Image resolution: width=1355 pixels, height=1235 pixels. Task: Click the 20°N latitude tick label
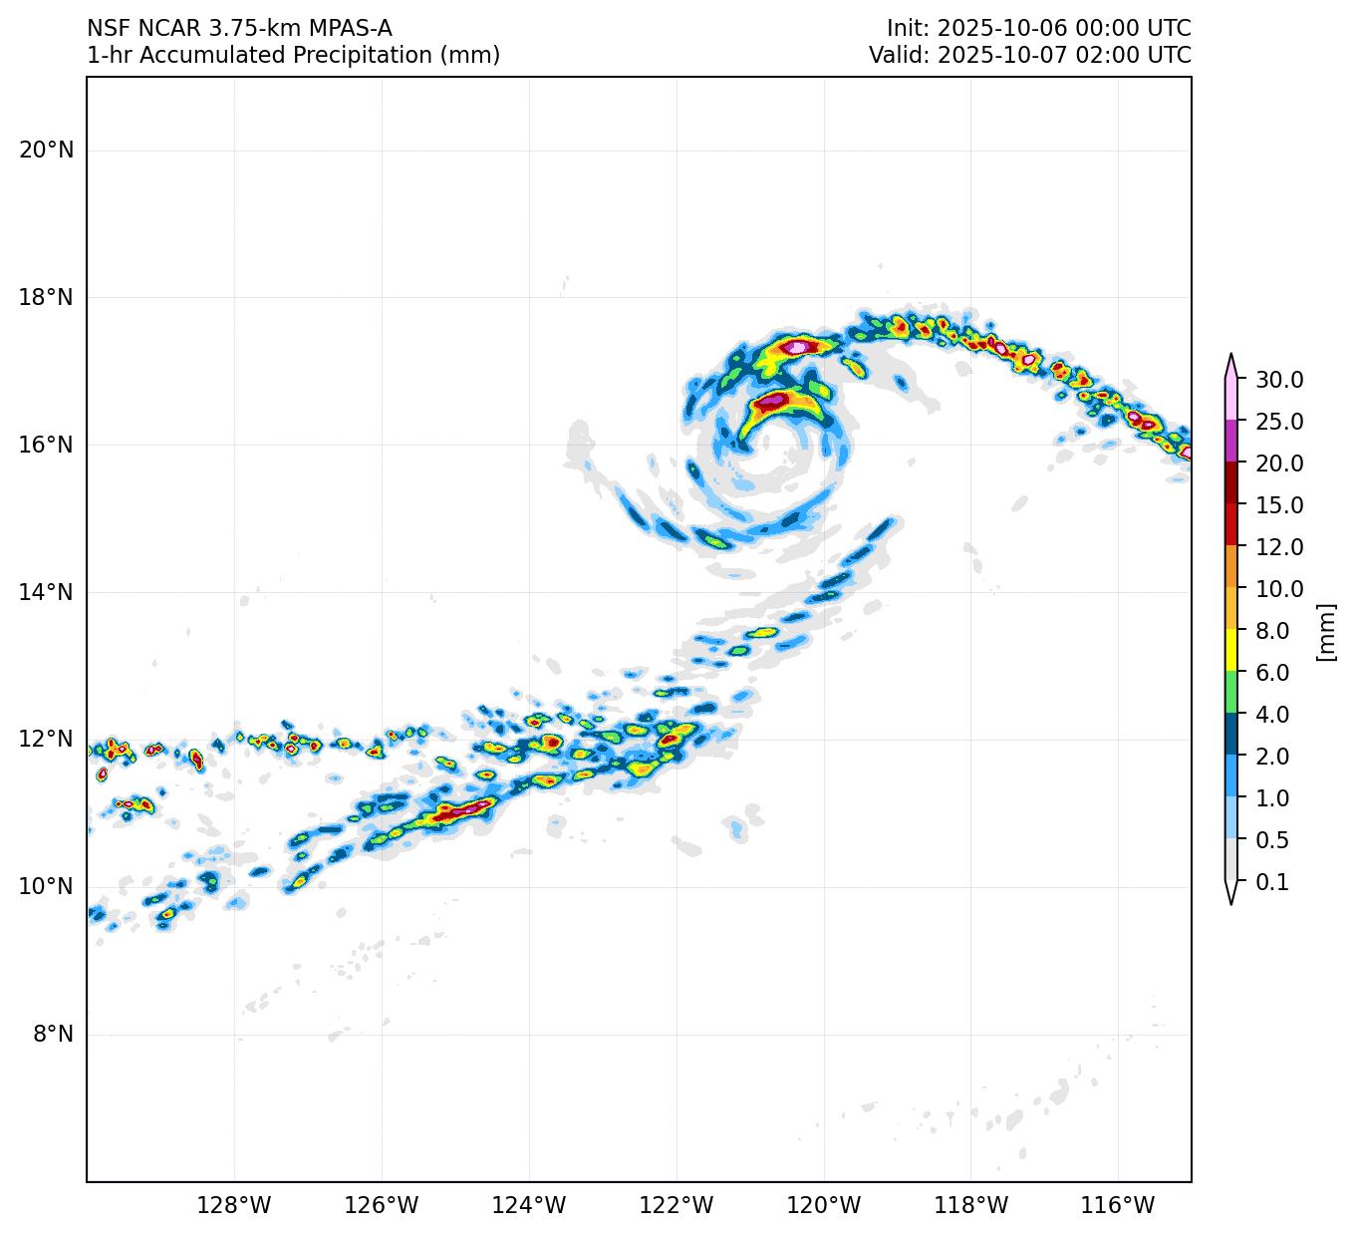(46, 151)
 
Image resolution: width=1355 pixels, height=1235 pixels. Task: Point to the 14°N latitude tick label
(46, 592)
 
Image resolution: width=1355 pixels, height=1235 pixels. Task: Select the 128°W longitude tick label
(234, 1206)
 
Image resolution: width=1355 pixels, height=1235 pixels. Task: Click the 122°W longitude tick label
(677, 1206)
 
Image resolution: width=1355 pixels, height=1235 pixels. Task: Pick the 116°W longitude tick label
(1118, 1206)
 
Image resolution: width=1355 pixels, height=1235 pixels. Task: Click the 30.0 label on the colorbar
(1279, 380)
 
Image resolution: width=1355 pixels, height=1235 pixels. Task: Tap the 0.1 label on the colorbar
(1272, 882)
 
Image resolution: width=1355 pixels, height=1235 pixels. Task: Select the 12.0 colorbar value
(1279, 547)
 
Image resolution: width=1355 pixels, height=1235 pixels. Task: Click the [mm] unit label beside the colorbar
(1325, 631)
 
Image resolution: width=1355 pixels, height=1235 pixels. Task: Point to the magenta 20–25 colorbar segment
(1231, 442)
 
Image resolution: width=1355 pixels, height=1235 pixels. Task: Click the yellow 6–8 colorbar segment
(1231, 651)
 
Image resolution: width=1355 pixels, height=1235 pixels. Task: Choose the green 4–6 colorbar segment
(1231, 693)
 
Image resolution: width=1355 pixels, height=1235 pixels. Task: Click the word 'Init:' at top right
(908, 29)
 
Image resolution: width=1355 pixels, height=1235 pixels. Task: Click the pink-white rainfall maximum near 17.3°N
(797, 347)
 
